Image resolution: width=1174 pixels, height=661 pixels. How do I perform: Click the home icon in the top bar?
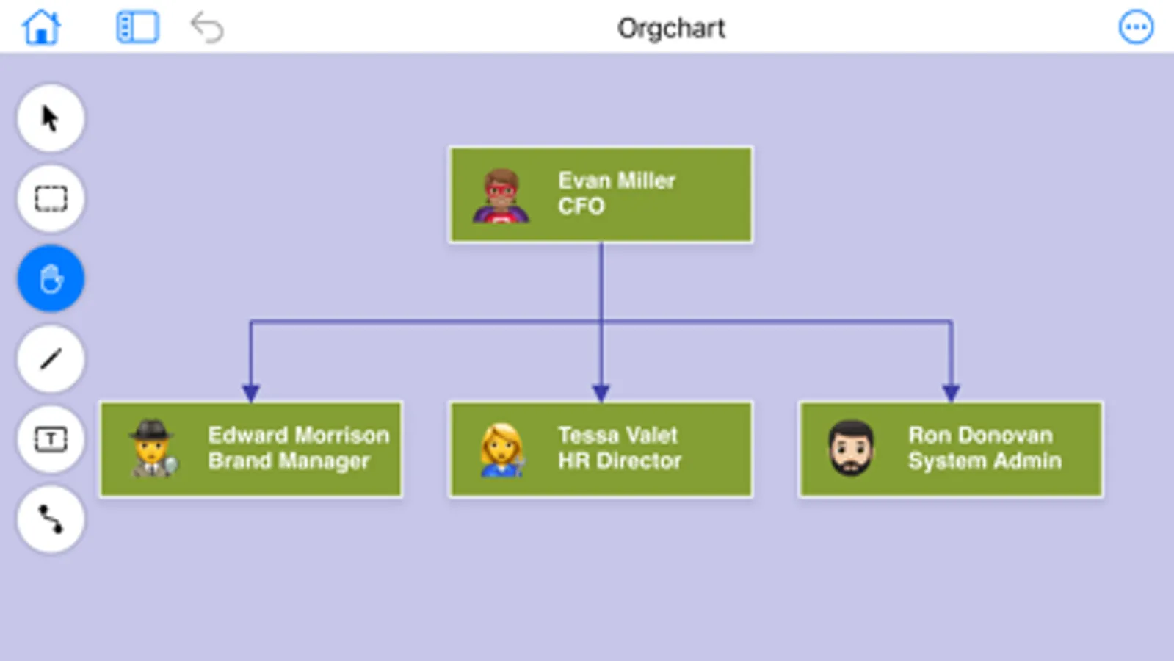point(41,28)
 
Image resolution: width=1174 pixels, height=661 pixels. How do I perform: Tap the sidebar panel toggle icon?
point(137,28)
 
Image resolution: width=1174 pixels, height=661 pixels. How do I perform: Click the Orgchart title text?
point(670,29)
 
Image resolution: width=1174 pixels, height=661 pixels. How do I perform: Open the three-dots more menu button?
point(1135,28)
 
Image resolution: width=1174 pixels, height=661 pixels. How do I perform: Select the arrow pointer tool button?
point(51,118)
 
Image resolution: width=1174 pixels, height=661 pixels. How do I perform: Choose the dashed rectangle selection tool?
point(51,198)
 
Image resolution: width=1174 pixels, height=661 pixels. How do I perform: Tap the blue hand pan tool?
point(51,279)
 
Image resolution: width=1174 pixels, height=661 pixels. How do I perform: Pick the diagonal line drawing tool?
point(51,359)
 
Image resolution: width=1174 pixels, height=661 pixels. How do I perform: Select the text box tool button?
point(51,439)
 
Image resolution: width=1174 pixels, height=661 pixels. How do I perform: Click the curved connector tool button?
point(51,519)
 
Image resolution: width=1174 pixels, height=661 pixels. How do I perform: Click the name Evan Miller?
point(616,181)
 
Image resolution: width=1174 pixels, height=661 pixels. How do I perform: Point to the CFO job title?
point(581,206)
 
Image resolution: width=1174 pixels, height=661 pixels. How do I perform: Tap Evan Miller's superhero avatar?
point(501,196)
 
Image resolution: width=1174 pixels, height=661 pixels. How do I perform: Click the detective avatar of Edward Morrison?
point(153,449)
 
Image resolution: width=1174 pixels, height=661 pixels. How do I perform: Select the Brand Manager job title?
point(289,461)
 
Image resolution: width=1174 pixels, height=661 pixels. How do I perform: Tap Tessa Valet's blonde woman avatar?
point(502,449)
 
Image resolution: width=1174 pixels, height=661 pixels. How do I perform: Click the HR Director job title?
point(619,461)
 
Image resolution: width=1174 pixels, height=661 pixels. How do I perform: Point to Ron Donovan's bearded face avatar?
point(851,448)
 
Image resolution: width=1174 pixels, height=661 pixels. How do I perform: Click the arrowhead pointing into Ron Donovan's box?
point(951,393)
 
